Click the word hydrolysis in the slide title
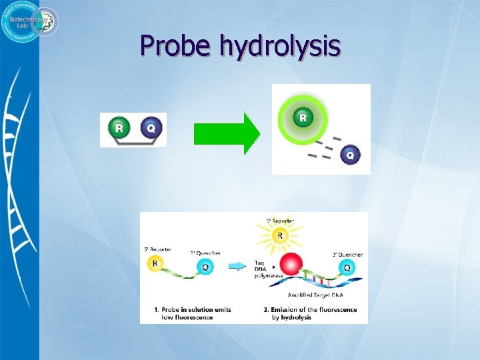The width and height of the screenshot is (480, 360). tap(280, 46)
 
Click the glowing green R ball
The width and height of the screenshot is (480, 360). tap(303, 118)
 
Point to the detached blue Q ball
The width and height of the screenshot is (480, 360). tap(350, 155)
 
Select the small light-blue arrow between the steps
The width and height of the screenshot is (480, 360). tap(237, 266)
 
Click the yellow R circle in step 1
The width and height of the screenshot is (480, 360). tap(156, 263)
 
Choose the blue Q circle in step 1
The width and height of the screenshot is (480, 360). tap(205, 267)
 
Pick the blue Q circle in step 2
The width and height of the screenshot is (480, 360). tap(345, 267)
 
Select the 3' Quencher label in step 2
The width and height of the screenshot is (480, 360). tap(347, 254)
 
